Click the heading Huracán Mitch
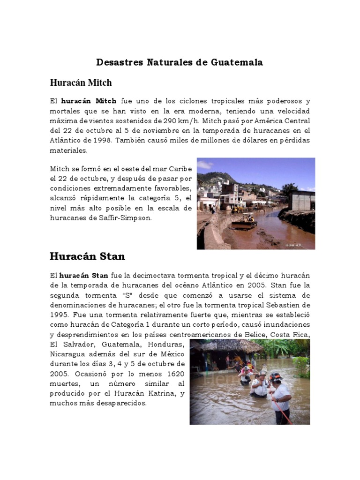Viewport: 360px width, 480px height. [x=81, y=83]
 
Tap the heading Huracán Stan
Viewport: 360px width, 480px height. [x=87, y=256]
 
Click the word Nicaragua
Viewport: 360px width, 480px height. [x=67, y=354]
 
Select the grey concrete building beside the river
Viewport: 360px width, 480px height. [x=302, y=200]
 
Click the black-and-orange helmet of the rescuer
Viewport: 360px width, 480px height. [x=276, y=377]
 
